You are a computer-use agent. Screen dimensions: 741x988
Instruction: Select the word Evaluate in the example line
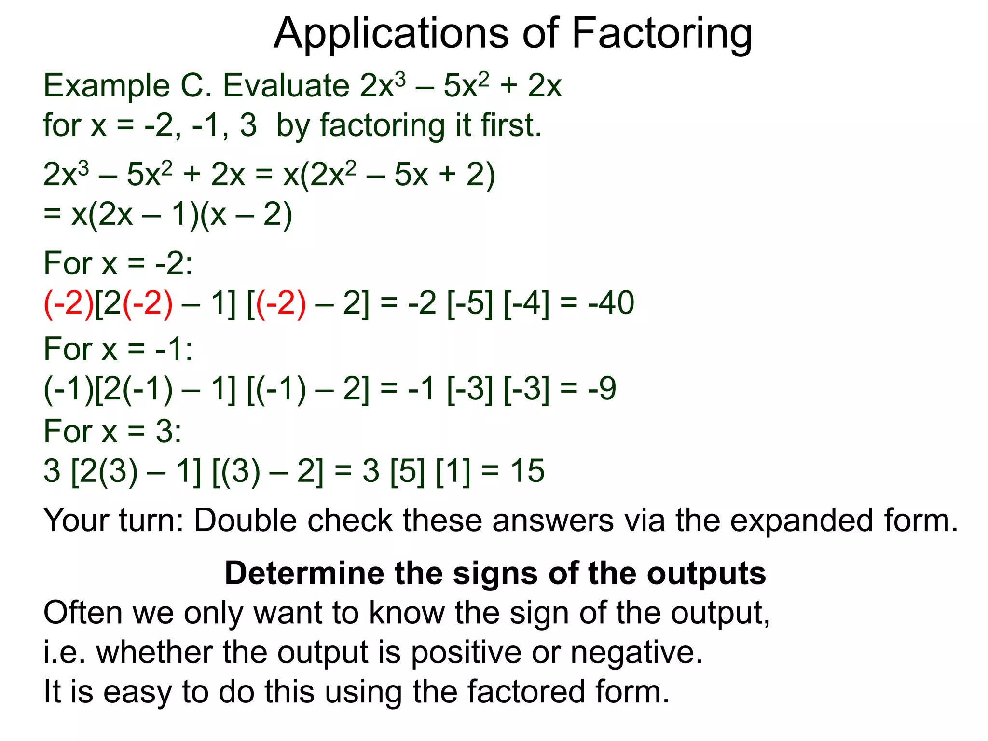point(286,86)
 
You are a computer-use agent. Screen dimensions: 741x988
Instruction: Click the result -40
point(611,303)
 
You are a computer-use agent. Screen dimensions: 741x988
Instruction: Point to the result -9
point(602,389)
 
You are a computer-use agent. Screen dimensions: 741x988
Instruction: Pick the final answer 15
point(528,471)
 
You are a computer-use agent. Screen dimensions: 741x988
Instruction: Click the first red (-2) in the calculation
point(69,303)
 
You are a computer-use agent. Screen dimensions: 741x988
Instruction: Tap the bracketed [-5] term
point(470,303)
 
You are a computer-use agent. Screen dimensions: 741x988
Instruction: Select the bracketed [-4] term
point(527,303)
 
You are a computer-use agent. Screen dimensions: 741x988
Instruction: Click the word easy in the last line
point(137,692)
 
